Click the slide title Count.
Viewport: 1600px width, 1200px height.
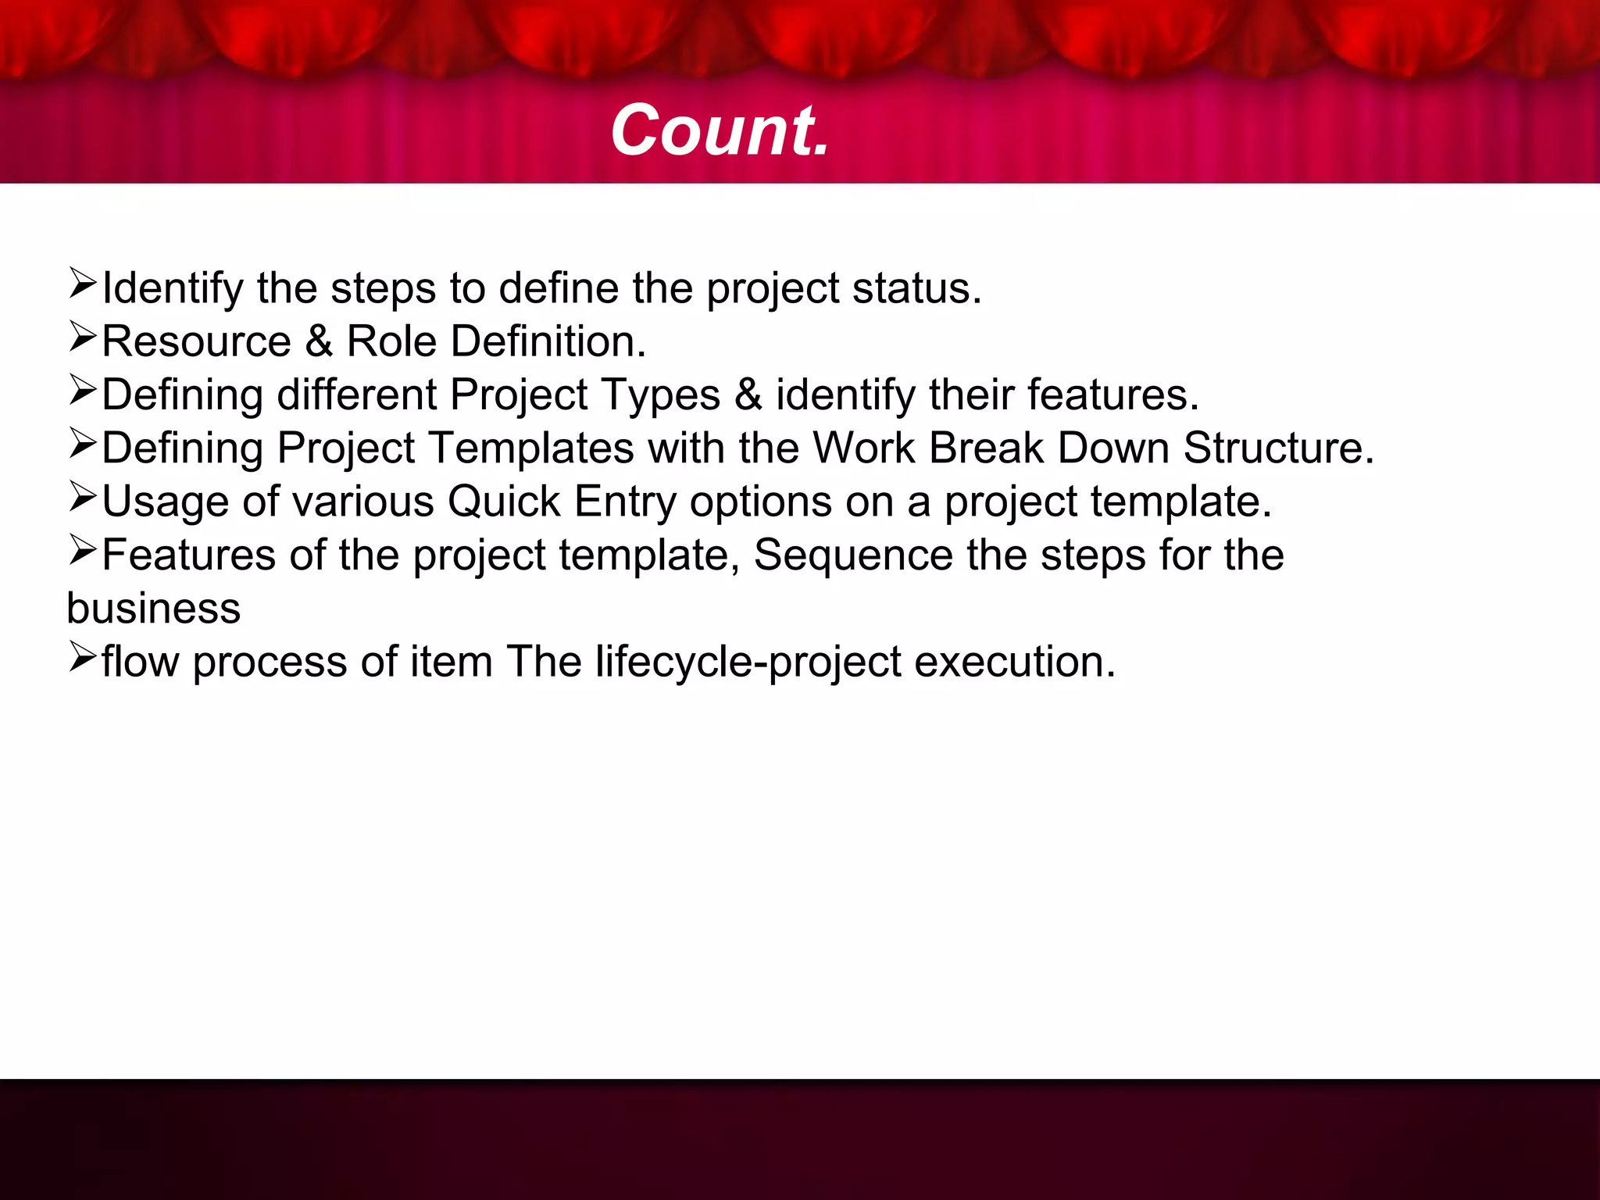pos(720,130)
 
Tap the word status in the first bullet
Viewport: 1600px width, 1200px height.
pos(916,288)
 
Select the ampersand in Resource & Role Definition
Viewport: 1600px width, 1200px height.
pos(318,341)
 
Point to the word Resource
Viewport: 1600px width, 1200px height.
pos(196,341)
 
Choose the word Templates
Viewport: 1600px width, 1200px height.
pos(531,448)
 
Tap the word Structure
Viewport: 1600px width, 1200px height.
pos(1277,448)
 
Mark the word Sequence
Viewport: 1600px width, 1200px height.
pos(853,555)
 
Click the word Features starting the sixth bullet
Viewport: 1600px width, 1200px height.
pos(188,555)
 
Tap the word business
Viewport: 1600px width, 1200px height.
pos(154,608)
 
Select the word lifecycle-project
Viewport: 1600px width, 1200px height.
pos(748,662)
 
